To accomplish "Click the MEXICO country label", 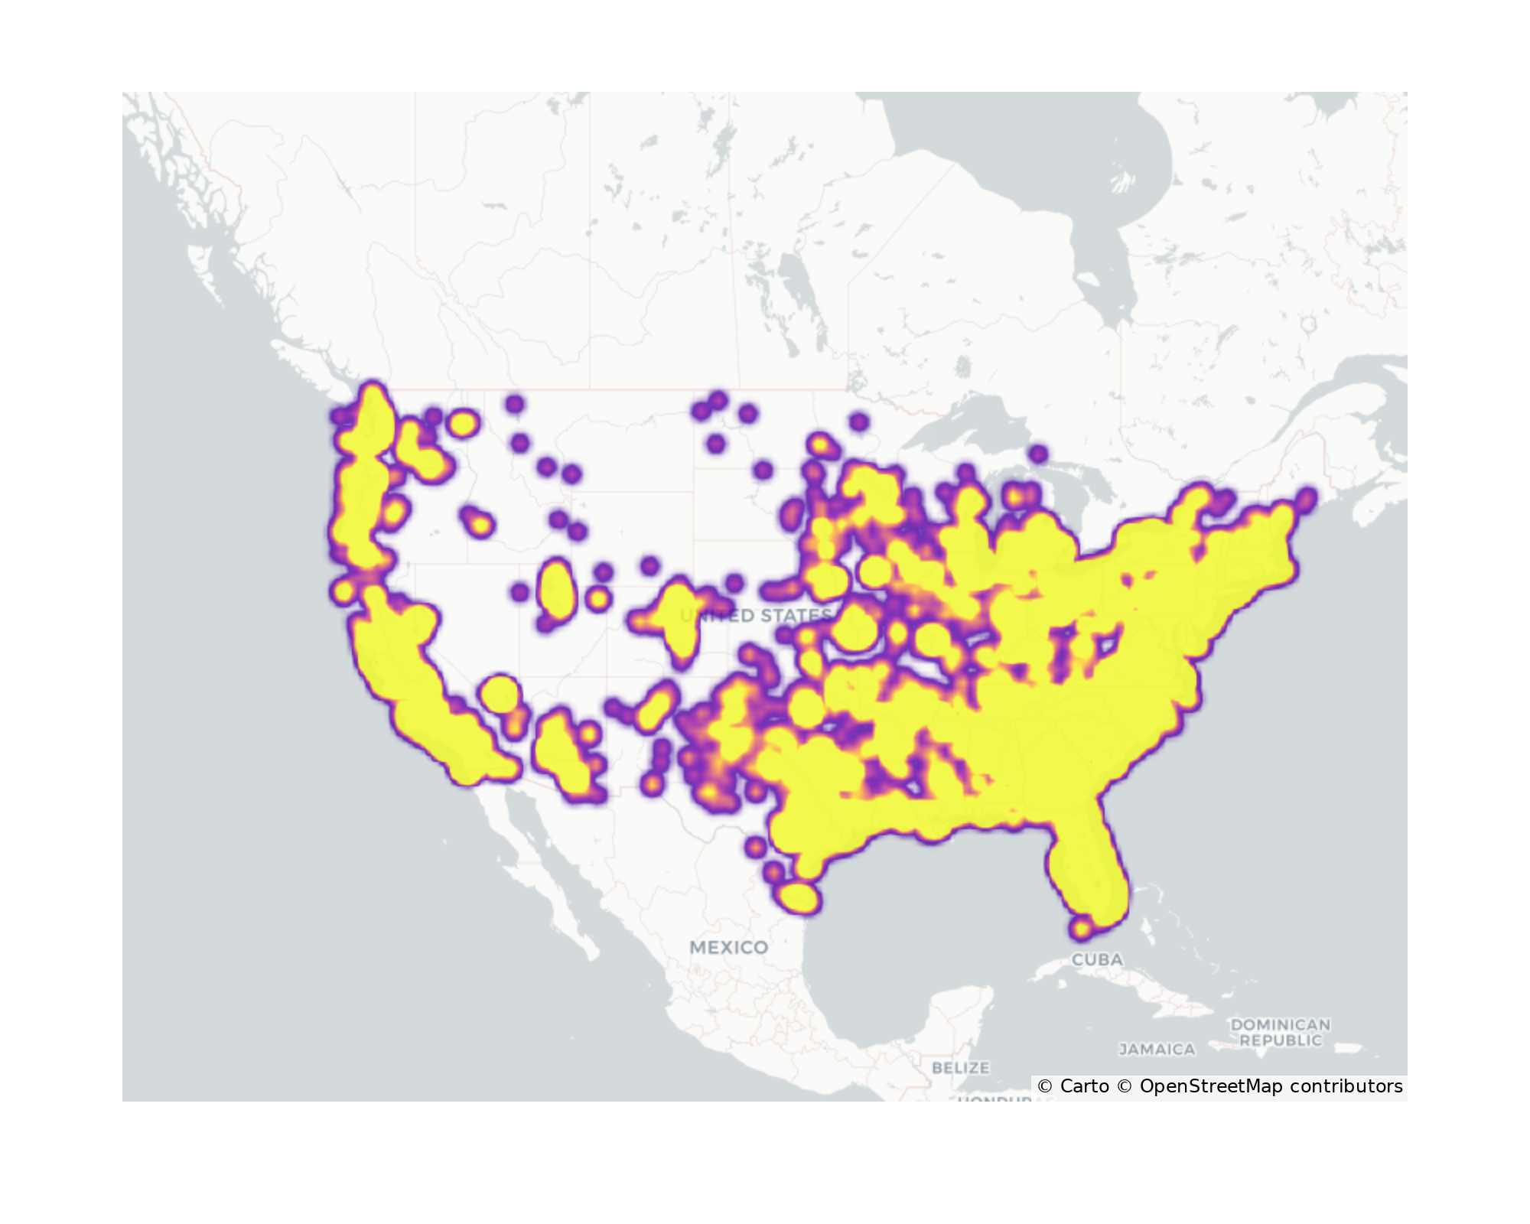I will (x=728, y=947).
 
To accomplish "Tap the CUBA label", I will (x=1097, y=959).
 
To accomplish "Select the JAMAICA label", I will (x=1157, y=1050).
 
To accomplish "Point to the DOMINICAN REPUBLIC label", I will (x=1280, y=1032).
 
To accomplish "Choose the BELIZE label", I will (x=961, y=1067).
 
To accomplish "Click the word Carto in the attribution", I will (x=1084, y=1086).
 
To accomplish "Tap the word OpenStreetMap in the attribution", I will (x=1211, y=1086).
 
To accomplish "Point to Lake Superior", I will (x=972, y=428).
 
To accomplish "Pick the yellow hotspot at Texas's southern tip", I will (x=798, y=897).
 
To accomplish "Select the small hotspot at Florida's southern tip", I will (x=1081, y=929).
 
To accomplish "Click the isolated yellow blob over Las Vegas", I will (x=501, y=694).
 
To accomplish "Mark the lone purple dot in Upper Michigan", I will (x=1037, y=454).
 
